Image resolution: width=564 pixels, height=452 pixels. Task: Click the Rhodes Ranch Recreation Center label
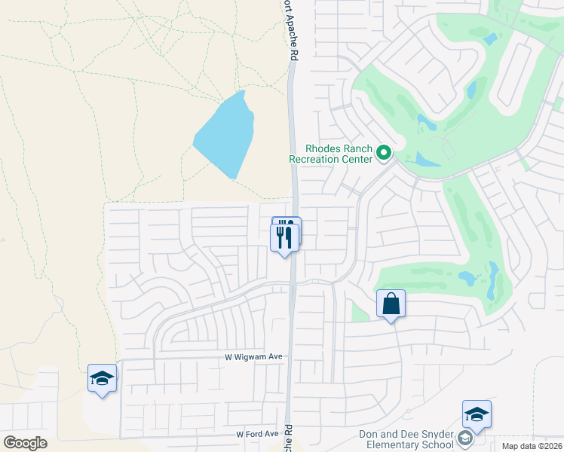(331, 154)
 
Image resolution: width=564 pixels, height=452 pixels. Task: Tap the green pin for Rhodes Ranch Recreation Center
(383, 154)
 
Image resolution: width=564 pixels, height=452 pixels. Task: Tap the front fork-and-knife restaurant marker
(284, 238)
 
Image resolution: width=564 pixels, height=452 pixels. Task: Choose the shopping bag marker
(391, 304)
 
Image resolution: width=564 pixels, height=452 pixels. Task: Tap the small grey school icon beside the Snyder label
(465, 438)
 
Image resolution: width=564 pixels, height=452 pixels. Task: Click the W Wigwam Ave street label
(253, 357)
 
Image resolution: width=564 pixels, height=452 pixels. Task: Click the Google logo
(25, 443)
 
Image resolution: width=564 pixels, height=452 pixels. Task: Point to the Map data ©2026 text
(532, 444)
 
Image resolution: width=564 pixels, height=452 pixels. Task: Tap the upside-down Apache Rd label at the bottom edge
(289, 437)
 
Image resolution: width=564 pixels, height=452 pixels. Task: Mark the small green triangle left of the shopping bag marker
(360, 313)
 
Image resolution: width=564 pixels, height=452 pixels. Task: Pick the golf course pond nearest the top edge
(491, 38)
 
